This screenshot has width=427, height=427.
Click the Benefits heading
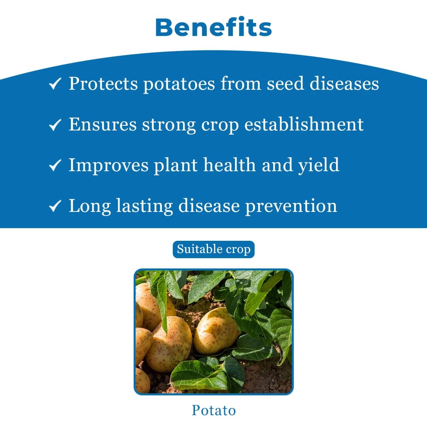click(x=213, y=28)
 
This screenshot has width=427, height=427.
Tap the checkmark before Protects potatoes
click(x=55, y=84)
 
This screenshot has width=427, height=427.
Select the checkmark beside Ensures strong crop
click(x=55, y=125)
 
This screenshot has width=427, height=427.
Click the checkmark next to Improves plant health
click(x=55, y=166)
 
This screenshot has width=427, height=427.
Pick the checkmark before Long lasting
click(x=55, y=206)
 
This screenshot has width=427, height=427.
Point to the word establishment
click(x=304, y=124)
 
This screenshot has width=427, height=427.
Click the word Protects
click(x=103, y=83)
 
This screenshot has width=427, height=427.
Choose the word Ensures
click(x=102, y=124)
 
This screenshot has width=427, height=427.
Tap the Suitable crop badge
click(x=213, y=249)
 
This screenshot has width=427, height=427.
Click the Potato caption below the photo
click(x=213, y=410)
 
